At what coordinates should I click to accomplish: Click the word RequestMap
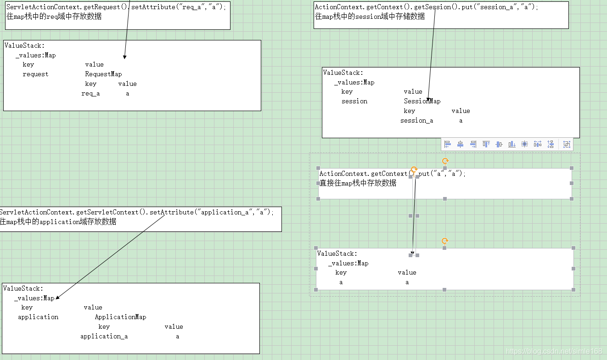point(103,74)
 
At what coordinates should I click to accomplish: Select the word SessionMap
point(422,101)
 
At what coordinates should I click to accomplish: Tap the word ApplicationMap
point(120,317)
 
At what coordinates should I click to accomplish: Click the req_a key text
point(90,93)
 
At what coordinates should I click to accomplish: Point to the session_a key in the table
point(416,120)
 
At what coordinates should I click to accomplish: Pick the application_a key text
point(104,336)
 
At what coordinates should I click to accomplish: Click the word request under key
point(35,74)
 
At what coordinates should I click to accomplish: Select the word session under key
point(354,101)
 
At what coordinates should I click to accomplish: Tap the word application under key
point(38,317)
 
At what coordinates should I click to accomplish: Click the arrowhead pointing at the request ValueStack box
point(124,57)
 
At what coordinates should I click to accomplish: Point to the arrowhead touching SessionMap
point(428,100)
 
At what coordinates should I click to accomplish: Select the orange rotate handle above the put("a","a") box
point(445,161)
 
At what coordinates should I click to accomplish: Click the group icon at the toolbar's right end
point(567,144)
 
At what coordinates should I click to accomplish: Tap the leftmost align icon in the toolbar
point(448,144)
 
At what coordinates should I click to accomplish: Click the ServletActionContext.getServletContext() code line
point(136,212)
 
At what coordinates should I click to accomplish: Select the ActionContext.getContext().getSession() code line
point(426,7)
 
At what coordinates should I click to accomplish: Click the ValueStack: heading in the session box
point(343,73)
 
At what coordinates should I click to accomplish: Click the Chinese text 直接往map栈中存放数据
point(358,183)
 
